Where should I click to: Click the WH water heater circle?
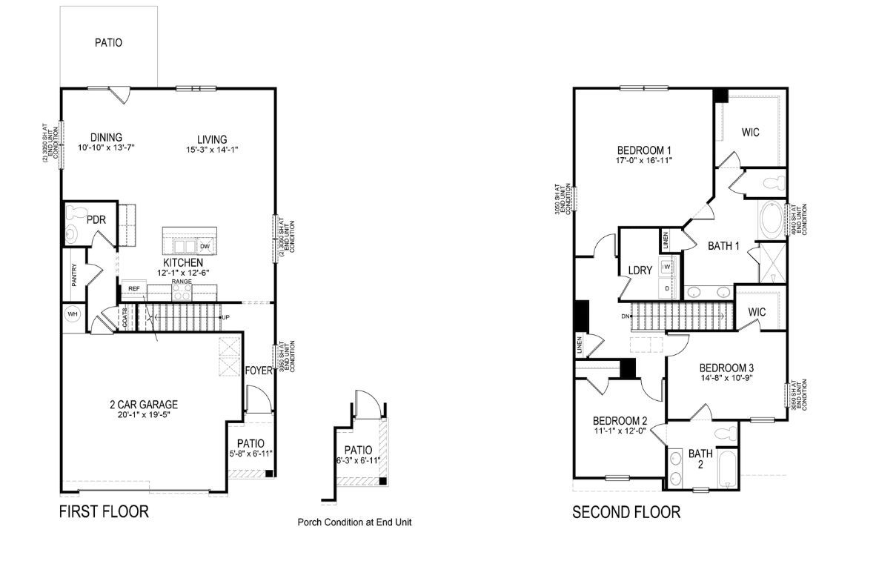click(x=73, y=313)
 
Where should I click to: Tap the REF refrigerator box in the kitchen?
click(x=133, y=288)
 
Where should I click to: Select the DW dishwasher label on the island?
click(x=205, y=246)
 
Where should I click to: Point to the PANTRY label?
click(x=74, y=275)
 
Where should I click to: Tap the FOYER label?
click(x=258, y=371)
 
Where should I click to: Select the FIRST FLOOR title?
click(x=104, y=511)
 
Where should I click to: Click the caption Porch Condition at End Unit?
click(x=354, y=522)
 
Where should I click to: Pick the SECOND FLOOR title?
click(x=626, y=512)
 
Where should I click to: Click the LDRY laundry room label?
click(x=639, y=271)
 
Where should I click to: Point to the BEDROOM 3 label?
click(x=726, y=368)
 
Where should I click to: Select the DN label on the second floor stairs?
click(x=626, y=316)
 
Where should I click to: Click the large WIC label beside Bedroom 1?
click(x=750, y=133)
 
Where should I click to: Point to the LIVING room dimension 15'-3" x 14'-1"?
click(x=212, y=150)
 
